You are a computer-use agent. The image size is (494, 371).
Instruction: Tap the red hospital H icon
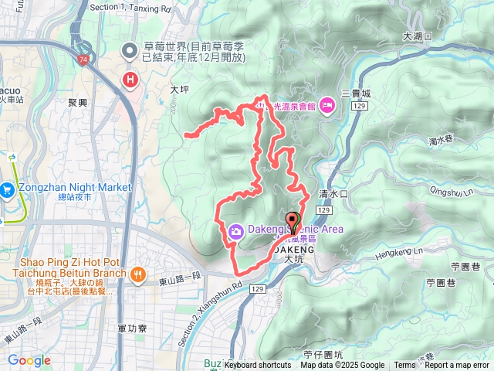[x=130, y=78]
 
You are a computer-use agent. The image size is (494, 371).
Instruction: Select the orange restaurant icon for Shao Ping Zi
[x=138, y=272]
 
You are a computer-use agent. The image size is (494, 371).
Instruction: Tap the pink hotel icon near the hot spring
[x=327, y=106]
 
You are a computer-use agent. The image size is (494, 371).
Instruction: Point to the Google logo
[x=29, y=360]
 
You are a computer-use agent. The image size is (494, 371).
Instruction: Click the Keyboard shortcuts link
[x=258, y=366]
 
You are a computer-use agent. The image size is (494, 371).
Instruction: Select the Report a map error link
[x=458, y=366]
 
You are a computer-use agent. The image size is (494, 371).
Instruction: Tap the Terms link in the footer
[x=404, y=366]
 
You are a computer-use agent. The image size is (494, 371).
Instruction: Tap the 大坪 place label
[x=178, y=90]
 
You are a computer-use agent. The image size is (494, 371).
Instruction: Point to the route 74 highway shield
[x=83, y=59]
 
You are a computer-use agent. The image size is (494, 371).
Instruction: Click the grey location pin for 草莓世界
[x=129, y=53]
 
